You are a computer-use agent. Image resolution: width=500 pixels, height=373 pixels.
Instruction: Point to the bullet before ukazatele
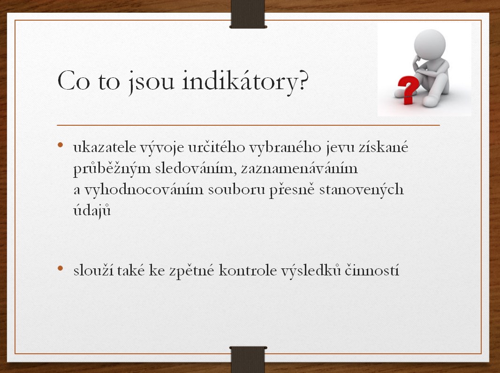point(60,145)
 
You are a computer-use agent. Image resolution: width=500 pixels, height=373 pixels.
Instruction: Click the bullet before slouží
point(60,269)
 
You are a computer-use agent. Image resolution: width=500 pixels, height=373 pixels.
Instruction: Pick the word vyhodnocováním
point(144,190)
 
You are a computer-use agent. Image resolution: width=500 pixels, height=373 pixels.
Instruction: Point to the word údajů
point(92,211)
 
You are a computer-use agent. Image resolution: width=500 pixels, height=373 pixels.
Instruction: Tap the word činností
point(371,270)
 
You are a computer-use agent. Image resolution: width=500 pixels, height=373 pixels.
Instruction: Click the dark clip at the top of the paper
point(248,14)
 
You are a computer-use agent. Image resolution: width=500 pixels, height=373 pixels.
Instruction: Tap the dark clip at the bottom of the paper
point(248,359)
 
